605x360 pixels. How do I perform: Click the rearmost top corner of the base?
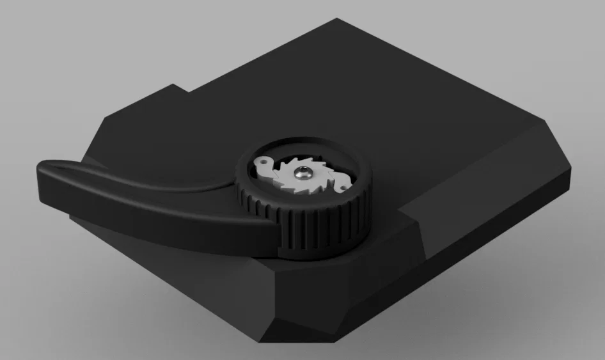338,20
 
